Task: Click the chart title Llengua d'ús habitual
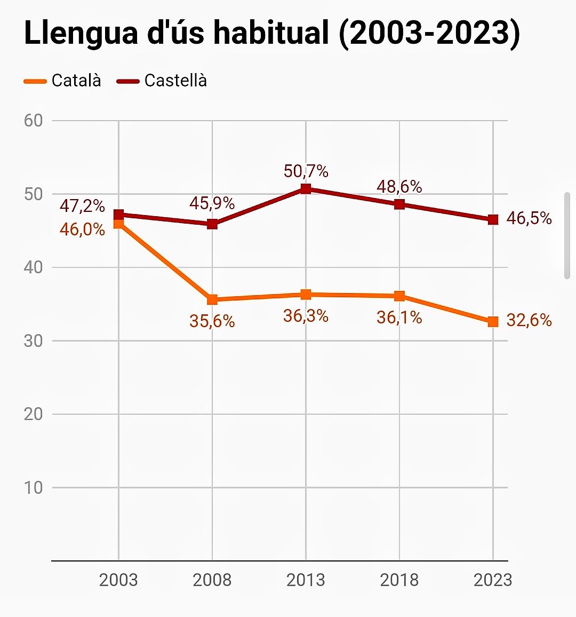272,33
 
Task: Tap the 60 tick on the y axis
33,121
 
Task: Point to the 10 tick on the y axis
33,487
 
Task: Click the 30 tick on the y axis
33,341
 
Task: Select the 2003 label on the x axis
118,580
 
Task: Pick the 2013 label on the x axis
306,580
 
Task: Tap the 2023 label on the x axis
492,580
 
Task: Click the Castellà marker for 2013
306,188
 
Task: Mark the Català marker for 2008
212,299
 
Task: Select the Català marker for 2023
493,321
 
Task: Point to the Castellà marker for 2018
399,204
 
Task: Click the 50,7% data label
306,171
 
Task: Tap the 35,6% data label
212,321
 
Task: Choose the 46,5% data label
529,218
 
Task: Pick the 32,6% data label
529,320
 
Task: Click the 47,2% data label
82,206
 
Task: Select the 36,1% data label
399,318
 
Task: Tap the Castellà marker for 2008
212,224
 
